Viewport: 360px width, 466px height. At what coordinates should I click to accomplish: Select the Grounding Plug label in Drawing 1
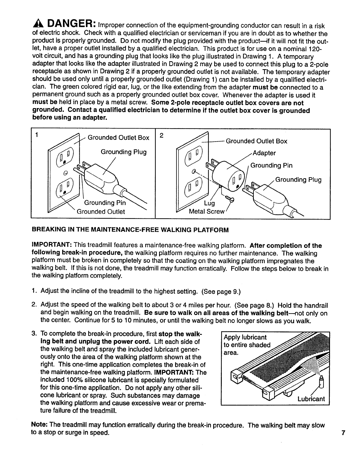(124, 152)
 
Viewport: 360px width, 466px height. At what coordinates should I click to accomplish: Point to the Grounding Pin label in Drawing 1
(105, 203)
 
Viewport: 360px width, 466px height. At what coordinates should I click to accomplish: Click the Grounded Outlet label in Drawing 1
(101, 212)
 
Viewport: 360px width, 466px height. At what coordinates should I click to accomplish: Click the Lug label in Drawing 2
(209, 203)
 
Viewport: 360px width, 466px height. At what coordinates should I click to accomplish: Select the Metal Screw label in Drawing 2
(207, 212)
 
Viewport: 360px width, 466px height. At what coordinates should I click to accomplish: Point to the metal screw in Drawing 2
(229, 199)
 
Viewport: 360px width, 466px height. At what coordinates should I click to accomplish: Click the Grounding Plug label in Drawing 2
(298, 180)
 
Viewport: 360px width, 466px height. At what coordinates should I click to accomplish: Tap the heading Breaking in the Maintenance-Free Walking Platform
(130, 230)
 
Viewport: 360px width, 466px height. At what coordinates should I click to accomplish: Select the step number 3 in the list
(34, 334)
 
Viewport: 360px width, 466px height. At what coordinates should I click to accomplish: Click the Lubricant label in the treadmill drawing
(311, 399)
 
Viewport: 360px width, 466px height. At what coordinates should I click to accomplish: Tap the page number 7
(343, 433)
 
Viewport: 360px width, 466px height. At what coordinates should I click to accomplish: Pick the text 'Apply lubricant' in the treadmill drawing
(245, 337)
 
